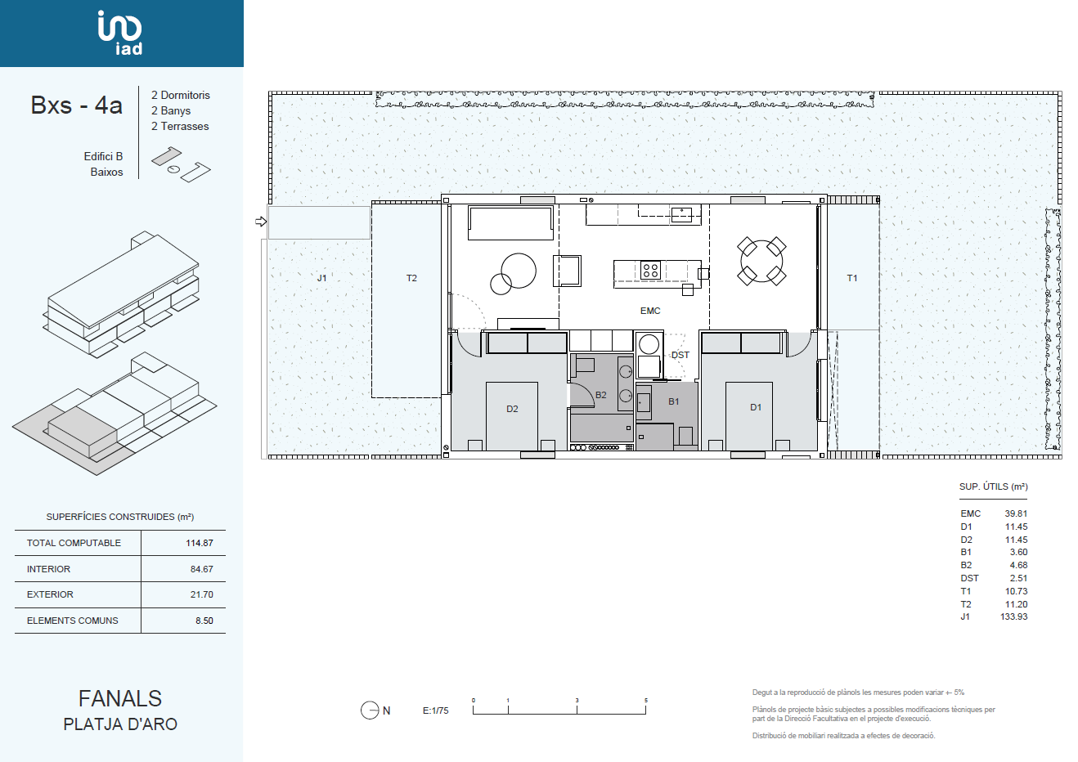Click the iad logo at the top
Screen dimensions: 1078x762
120,32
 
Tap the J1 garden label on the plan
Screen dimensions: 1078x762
322,278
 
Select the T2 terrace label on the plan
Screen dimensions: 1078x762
411,278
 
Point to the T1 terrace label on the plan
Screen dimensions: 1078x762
852,278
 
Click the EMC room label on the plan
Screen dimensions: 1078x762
650,311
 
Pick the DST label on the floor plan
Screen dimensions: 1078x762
680,355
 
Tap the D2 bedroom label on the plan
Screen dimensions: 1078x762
512,409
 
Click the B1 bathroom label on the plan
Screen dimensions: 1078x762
674,401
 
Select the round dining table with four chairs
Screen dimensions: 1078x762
761,262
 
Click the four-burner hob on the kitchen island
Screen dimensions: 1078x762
651,270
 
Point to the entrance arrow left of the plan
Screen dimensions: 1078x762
261,222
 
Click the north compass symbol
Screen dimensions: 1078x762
370,710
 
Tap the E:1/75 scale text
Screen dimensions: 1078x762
435,710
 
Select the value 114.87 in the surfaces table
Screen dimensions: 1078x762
200,543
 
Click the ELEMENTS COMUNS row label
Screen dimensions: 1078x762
72,621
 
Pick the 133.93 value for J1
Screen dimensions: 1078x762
1013,616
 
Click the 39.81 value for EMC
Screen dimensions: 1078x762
1016,513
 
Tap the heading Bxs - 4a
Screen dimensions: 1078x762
77,105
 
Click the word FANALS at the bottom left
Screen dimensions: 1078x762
120,698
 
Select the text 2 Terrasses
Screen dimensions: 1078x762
180,126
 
